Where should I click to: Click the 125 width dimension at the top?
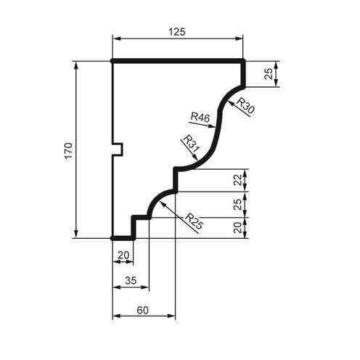pos(177,31)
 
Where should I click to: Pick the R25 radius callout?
pos(194,219)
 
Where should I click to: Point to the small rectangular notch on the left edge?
pos(118,150)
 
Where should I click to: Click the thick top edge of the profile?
pos(177,62)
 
